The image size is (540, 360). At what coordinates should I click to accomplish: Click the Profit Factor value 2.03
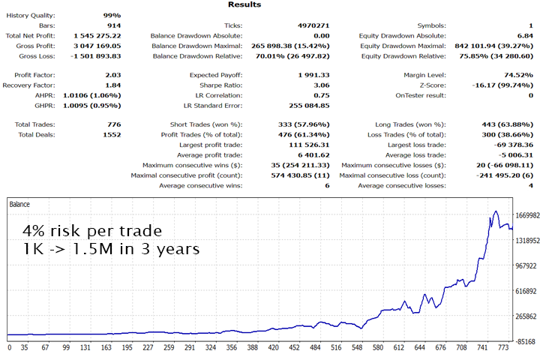pyautogui.click(x=111, y=75)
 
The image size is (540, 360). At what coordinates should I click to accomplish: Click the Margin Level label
pyautogui.click(x=423, y=75)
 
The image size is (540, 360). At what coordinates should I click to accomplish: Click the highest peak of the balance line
pyautogui.click(x=496, y=211)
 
